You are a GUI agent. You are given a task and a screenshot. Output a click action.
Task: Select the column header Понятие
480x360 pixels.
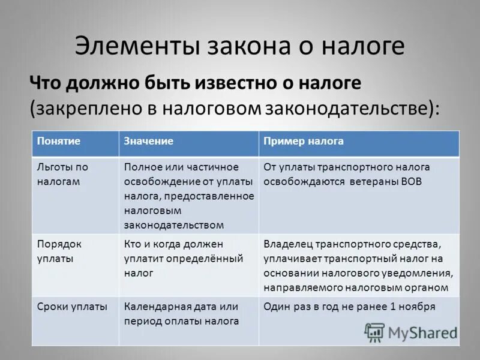pyautogui.click(x=58, y=141)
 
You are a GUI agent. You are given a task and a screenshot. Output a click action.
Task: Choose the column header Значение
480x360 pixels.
pyautogui.click(x=149, y=141)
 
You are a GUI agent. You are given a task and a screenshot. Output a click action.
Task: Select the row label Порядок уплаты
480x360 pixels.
pyautogui.click(x=59, y=251)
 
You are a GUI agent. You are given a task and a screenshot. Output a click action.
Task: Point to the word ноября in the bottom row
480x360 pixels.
pyautogui.click(x=419, y=307)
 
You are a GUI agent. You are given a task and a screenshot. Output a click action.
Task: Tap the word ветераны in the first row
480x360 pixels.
pyautogui.click(x=373, y=181)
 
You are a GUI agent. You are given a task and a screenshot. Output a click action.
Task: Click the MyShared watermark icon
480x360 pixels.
pyautogui.click(x=374, y=332)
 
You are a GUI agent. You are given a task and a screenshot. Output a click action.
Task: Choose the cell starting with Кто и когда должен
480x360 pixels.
pyautogui.click(x=183, y=258)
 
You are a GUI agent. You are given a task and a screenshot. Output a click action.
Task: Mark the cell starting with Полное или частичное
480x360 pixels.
pyautogui.click(x=189, y=196)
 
